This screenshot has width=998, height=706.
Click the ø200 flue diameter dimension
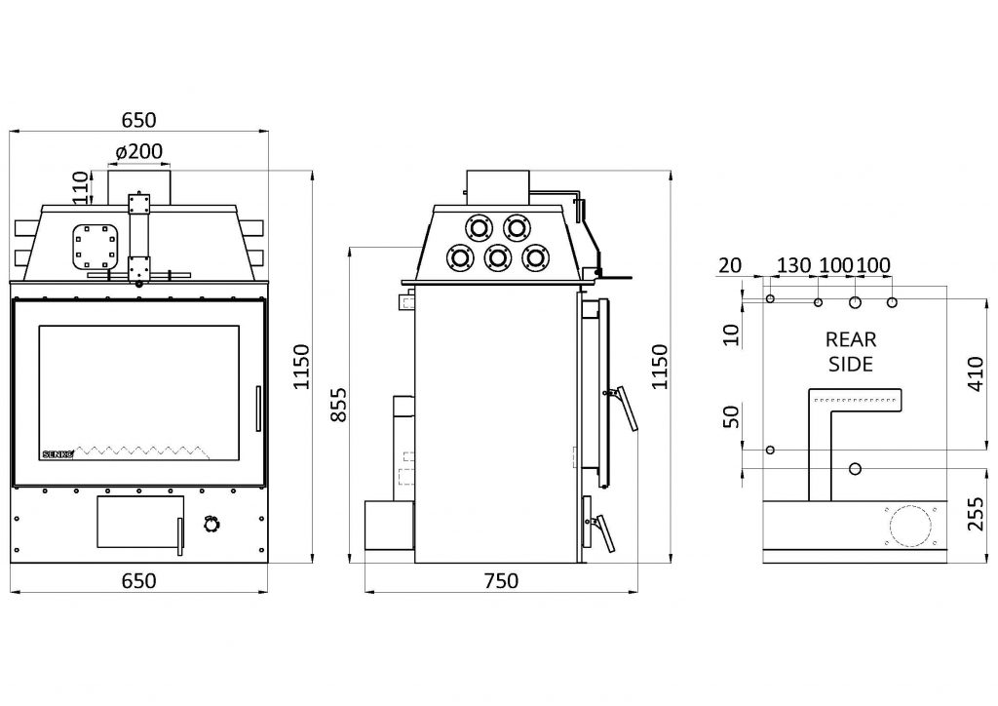(139, 151)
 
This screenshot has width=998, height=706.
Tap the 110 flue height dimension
(80, 187)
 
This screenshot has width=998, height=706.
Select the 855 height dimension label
(340, 404)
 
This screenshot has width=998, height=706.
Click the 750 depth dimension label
(501, 580)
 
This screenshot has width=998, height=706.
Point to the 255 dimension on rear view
(976, 514)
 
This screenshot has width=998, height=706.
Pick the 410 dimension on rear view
(976, 374)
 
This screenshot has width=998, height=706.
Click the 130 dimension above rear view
(793, 265)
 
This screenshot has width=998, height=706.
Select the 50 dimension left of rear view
(732, 416)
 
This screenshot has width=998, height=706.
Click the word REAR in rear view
(851, 339)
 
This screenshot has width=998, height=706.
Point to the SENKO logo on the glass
(58, 453)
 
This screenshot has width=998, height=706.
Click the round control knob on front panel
(211, 524)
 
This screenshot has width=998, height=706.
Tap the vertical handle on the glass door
(257, 409)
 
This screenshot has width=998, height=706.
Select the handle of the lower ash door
(180, 536)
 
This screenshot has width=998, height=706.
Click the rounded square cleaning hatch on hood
(95, 247)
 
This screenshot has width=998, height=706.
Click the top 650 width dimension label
(138, 120)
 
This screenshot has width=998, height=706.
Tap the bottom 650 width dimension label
(138, 580)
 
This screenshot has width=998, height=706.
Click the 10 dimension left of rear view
(732, 334)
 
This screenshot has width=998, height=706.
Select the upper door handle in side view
(623, 408)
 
